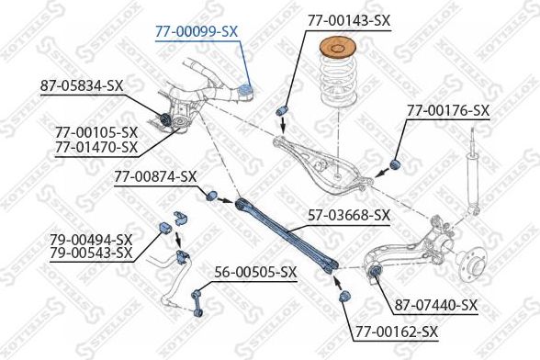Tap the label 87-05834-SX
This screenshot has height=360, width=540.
point(82,85)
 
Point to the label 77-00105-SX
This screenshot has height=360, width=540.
point(96,132)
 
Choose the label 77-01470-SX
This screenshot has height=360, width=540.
point(96,146)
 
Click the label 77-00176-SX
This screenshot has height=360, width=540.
point(448,110)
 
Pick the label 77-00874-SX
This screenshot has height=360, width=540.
point(156,175)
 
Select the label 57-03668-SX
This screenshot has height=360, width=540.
point(348,216)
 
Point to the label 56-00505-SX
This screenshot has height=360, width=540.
point(255,272)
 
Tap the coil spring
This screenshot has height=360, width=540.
point(336,87)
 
